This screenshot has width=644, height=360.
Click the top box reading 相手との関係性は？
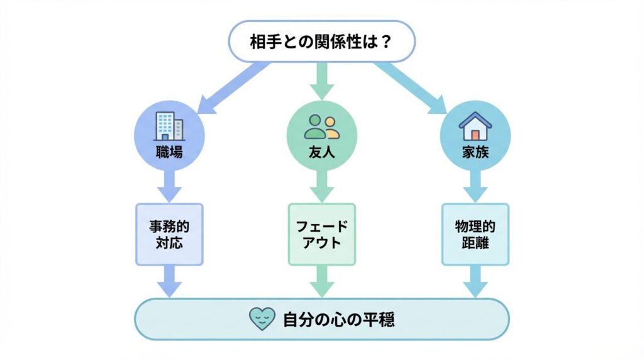coord(321,42)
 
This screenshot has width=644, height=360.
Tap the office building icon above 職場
coord(169,126)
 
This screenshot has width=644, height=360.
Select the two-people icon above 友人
coord(321,126)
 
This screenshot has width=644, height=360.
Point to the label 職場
coord(169,152)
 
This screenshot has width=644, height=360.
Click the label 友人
coord(321,152)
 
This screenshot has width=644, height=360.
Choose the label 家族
coord(475,152)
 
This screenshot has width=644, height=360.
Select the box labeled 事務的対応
coord(169,233)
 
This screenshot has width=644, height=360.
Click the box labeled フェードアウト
coord(321,233)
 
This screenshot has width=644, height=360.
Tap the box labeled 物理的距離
coord(475,233)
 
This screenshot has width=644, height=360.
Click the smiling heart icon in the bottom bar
coord(262,319)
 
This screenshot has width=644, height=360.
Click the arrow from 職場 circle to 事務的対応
coord(169,186)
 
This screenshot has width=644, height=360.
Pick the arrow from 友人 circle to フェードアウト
coord(321,186)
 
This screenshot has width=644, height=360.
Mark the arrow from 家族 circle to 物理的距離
coord(475,186)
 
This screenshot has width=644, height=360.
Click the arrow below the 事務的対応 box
coord(169,281)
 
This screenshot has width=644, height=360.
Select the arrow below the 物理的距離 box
coord(475,281)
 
